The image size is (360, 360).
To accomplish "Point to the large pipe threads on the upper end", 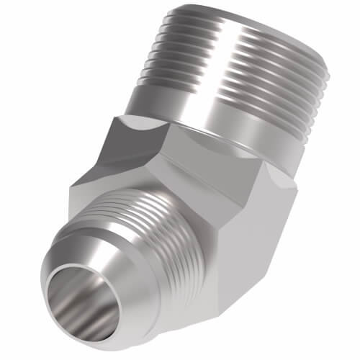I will click(238, 65).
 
